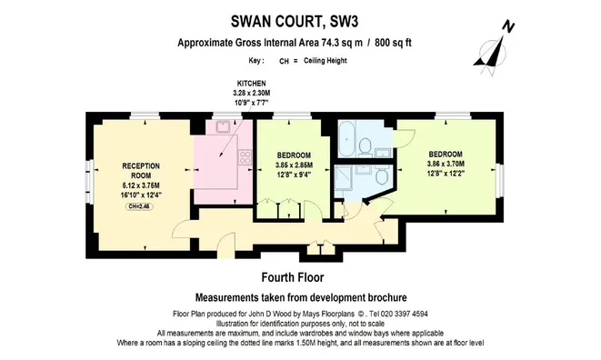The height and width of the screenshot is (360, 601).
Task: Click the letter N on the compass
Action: coord(508,27)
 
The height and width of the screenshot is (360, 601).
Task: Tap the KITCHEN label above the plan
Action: coord(252,84)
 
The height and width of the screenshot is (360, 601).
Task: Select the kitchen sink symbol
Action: coord(223,126)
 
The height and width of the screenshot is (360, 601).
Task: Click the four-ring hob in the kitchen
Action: coord(245,156)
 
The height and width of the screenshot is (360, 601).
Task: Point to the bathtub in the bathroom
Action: coord(347,139)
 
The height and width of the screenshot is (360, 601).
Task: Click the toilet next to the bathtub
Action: coord(366,146)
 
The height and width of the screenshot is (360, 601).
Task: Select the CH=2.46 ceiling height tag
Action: coord(139,206)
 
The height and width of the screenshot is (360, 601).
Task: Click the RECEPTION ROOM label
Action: coord(141,171)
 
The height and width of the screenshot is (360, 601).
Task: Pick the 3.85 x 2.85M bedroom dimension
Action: coord(294,165)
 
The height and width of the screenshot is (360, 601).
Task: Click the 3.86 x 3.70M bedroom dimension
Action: coord(446,164)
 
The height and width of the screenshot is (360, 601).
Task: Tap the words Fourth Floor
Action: coord(293,277)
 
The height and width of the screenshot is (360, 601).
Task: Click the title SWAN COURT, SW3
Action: coord(295,22)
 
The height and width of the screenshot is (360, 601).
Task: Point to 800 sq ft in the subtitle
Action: coord(394,42)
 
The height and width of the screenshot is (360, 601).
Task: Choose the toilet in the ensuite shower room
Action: coord(382,175)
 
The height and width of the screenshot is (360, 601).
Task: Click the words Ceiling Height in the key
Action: coord(326,61)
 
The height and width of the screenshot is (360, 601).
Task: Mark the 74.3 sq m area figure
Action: coord(341,42)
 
